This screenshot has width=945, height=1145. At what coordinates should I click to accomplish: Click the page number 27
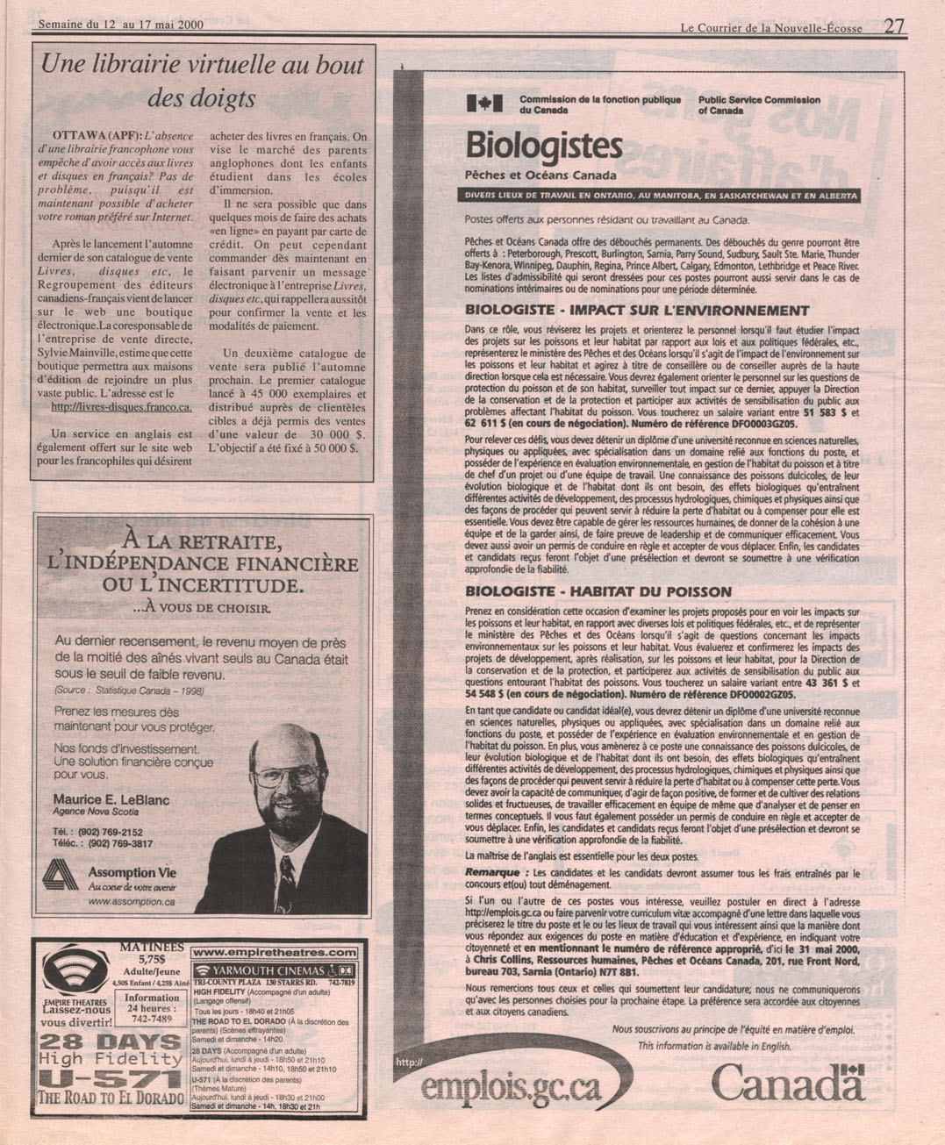click(894, 25)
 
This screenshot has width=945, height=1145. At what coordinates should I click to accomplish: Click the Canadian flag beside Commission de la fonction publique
click(484, 104)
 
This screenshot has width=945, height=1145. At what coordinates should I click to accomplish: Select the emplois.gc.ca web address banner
click(512, 1088)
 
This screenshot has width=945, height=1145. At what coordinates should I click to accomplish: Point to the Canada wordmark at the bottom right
click(788, 1084)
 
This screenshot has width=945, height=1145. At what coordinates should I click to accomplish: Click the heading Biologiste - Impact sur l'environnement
click(636, 310)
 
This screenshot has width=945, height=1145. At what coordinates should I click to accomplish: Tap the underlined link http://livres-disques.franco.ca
click(121, 408)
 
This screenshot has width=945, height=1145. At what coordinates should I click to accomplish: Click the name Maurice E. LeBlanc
click(111, 799)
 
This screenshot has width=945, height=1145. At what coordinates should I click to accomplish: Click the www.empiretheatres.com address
click(275, 951)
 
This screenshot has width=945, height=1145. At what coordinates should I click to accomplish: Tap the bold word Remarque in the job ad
click(498, 873)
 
